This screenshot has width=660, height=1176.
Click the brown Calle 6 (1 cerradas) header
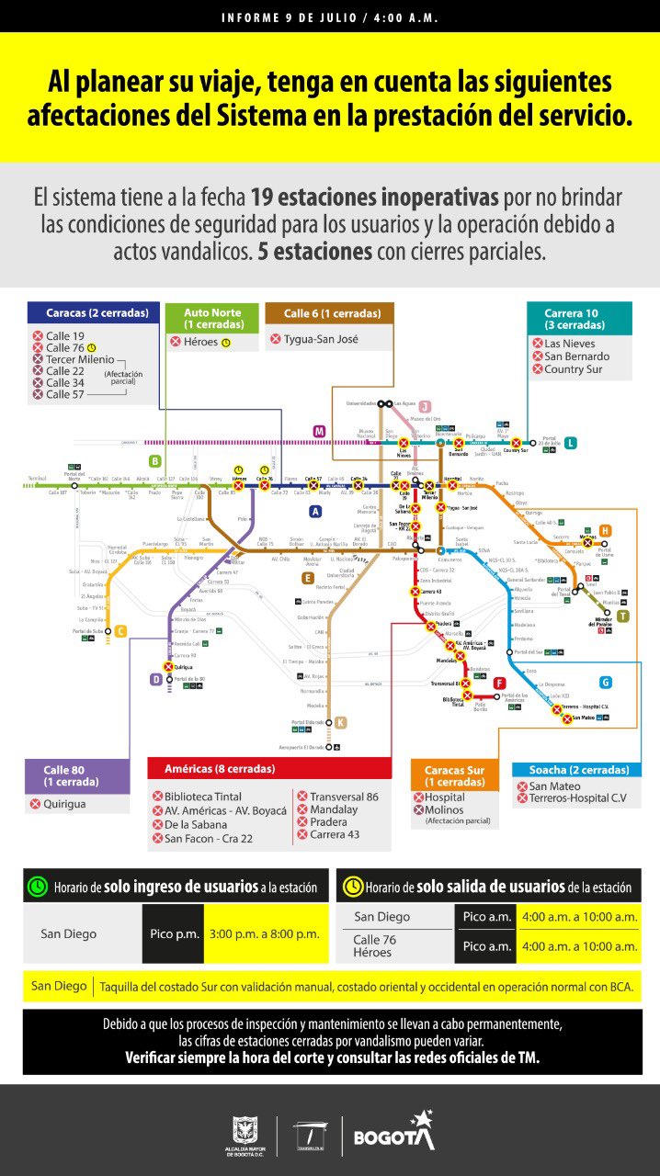329,314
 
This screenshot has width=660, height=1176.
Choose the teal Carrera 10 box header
579,318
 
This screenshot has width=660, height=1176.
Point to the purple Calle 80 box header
77,776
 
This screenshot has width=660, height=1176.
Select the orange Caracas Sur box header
455,776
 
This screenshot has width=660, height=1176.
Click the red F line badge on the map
499,683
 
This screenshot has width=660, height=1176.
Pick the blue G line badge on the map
605,682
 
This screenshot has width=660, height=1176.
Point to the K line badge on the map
340,722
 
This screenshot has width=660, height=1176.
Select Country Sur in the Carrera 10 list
573,369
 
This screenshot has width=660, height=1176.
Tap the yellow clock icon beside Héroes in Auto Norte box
226,343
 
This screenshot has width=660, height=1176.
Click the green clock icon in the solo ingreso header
38,887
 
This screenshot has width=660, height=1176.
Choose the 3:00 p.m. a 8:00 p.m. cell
265,933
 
